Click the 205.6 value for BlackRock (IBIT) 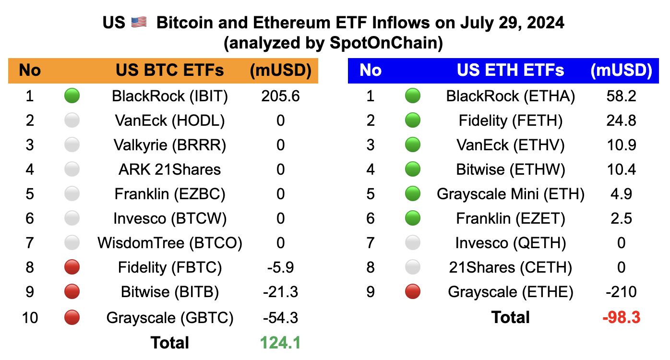[x=280, y=96]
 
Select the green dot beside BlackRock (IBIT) [x=72, y=96]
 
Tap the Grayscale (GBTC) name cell [x=169, y=318]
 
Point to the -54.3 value [x=280, y=318]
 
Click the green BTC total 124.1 [x=280, y=343]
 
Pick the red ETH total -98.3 [x=621, y=317]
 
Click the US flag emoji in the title [x=138, y=23]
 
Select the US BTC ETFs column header [x=169, y=71]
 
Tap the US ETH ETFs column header [x=510, y=71]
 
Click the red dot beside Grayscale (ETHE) [x=413, y=292]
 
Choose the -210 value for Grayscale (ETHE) [x=621, y=292]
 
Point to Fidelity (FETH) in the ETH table [x=510, y=120]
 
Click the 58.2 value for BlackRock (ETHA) [x=621, y=96]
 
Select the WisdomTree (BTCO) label [x=169, y=243]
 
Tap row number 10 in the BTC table [x=30, y=318]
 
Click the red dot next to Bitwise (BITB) [x=72, y=292]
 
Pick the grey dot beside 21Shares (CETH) [x=413, y=267]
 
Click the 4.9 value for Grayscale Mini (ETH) [x=621, y=194]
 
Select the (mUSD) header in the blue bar [x=621, y=71]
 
